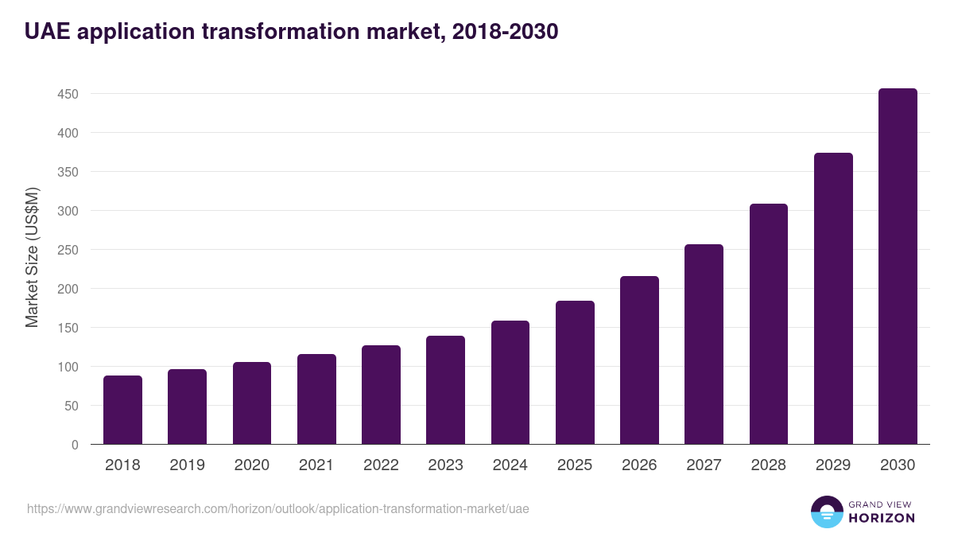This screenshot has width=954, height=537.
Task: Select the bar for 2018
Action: (122, 410)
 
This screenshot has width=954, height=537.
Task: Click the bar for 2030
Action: (898, 267)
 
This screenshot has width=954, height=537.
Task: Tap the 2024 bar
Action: (510, 383)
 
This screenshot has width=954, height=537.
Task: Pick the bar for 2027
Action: (704, 344)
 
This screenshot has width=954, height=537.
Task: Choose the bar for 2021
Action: (316, 399)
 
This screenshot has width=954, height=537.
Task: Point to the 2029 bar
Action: (833, 298)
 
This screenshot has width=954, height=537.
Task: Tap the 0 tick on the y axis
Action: (75, 445)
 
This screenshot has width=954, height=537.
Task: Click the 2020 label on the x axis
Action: (252, 465)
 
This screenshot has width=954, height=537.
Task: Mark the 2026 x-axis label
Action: (639, 465)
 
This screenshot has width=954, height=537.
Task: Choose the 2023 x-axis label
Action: (445, 465)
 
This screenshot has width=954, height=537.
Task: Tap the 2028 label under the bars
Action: (769, 465)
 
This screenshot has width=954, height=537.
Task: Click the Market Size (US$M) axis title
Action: (33, 257)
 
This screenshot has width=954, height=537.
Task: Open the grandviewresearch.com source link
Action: (278, 508)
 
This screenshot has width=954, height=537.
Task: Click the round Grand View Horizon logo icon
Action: (827, 512)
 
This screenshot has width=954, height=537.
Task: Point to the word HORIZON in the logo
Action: (882, 518)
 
